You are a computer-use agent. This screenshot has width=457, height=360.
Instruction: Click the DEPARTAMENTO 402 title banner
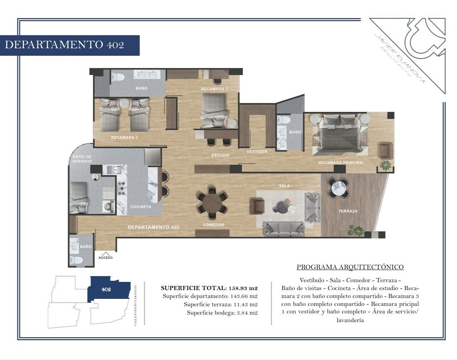coord(70,45)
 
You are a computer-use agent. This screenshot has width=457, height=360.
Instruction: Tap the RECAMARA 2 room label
coord(124,138)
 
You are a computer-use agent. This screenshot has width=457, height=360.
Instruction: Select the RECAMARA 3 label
coord(214,89)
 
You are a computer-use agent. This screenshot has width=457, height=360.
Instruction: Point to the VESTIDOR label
coord(257,151)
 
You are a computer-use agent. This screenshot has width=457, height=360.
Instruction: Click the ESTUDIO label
coord(220,155)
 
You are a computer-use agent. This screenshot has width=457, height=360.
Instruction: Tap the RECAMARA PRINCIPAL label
coord(341,163)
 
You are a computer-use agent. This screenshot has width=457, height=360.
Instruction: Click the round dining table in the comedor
coord(212,202)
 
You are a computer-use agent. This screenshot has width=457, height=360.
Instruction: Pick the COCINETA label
coord(141,207)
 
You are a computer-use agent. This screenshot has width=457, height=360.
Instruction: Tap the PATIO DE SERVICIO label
coord(82,159)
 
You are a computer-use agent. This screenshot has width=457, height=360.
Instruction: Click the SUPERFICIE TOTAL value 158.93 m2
coord(243,288)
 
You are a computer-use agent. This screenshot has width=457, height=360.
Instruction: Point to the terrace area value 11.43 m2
coord(246,305)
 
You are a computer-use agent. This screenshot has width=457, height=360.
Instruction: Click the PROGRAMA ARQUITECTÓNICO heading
coord(350,267)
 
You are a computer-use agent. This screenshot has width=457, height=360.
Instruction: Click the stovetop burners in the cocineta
coord(122,188)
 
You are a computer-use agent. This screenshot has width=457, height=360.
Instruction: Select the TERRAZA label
coord(348,211)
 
